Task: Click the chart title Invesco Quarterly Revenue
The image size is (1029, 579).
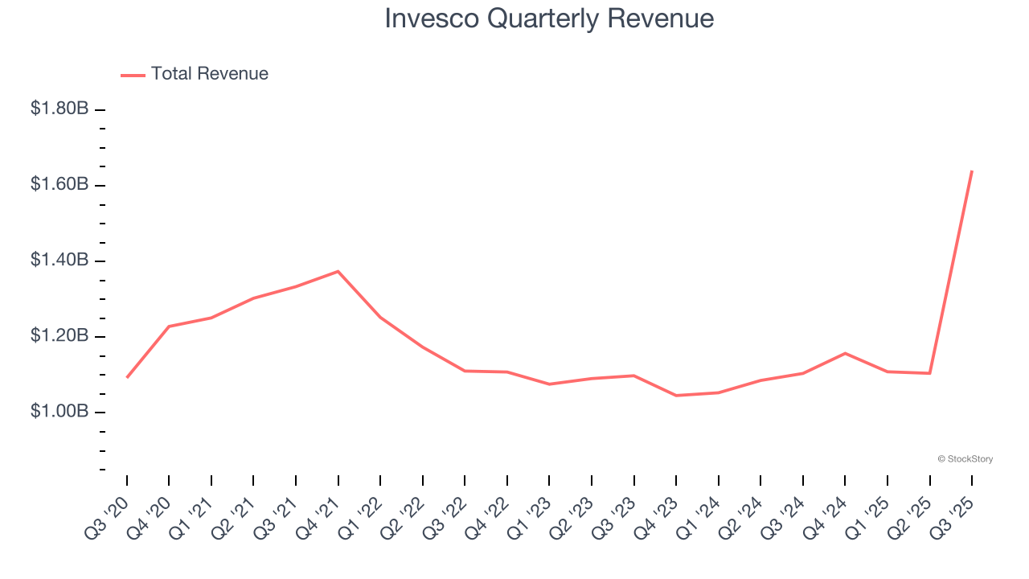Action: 549,18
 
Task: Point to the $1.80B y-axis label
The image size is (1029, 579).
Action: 59,109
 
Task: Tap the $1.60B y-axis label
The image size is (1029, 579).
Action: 59,184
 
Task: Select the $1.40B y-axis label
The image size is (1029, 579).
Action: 59,260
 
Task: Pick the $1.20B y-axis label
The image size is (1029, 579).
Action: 59,335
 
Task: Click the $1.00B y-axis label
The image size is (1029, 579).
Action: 59,411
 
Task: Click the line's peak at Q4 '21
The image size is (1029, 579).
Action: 338,271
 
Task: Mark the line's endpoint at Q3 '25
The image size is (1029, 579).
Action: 972,171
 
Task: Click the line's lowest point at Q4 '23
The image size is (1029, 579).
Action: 676,396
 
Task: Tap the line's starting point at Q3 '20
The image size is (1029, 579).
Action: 127,377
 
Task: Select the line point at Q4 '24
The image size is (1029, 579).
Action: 845,353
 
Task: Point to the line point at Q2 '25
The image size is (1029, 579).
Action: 930,373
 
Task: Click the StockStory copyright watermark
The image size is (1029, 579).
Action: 965,459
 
